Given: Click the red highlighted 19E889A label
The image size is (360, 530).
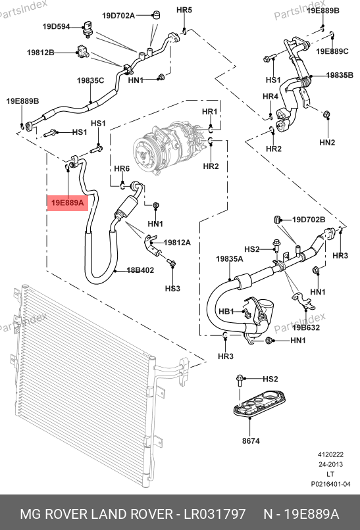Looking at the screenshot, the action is pos(67,203).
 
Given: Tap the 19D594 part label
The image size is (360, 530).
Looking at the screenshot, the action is pos(56,26).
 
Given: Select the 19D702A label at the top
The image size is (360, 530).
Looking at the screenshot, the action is pos(118,15).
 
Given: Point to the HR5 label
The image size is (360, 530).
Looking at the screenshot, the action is pos(184,10).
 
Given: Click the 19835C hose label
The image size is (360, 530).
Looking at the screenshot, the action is pos(90,80).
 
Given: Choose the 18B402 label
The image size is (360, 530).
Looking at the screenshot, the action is pos(140,270).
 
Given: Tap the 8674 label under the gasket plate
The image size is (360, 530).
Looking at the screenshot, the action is pos(251,441).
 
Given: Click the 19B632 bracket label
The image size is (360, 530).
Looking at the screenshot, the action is pos(306,327).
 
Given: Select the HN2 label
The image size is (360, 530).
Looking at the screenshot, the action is pos(327,142).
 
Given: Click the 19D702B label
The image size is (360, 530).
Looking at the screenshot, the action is pos(309,220).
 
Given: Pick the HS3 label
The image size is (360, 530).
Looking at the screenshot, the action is pos(172,288).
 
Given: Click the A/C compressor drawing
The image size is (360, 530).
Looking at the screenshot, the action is pos(168,147).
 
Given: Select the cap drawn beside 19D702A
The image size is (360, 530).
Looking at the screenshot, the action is pos(156,15).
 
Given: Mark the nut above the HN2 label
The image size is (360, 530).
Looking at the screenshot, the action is pos(327,114).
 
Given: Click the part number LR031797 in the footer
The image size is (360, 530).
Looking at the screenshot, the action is pos(215,514).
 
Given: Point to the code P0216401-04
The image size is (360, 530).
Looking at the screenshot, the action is pos(330,484).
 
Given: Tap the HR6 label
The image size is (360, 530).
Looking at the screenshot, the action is pos(122,168).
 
